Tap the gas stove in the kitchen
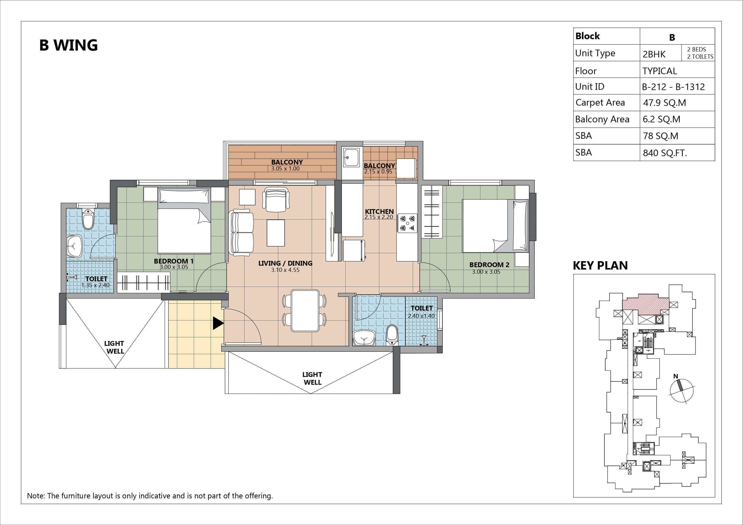pyautogui.click(x=407, y=223)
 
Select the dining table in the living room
pyautogui.click(x=305, y=311)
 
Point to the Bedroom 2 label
pyautogui.click(x=489, y=265)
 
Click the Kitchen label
pyautogui.click(x=379, y=211)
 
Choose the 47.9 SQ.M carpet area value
pyautogui.click(x=664, y=103)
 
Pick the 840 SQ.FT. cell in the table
pyautogui.click(x=665, y=153)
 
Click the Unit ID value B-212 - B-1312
pyautogui.click(x=673, y=87)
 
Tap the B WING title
pyautogui.click(x=68, y=45)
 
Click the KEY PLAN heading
pyautogui.click(x=600, y=266)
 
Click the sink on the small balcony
pyautogui.click(x=351, y=157)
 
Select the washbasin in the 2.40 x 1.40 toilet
pyautogui.click(x=364, y=338)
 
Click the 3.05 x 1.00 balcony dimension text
pyautogui.click(x=285, y=168)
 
